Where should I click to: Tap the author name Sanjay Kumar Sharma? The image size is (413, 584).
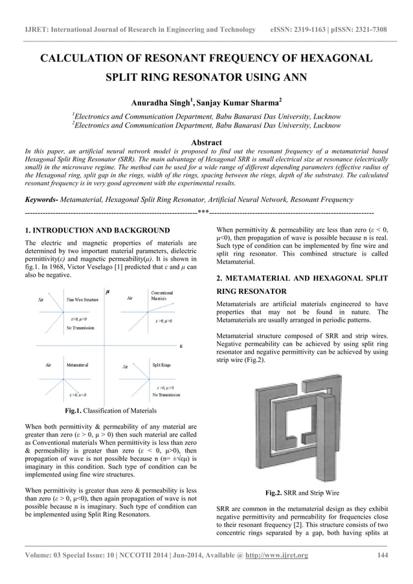coord(238,102)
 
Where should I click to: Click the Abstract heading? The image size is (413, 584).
coord(206,142)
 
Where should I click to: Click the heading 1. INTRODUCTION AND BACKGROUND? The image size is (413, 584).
coord(97,230)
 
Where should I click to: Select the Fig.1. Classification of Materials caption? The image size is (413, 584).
coord(110,410)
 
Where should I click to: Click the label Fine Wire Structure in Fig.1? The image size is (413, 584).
coord(83,300)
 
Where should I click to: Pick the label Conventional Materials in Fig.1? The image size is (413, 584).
coord(162,296)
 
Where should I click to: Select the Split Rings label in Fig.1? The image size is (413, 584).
coord(161,365)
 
